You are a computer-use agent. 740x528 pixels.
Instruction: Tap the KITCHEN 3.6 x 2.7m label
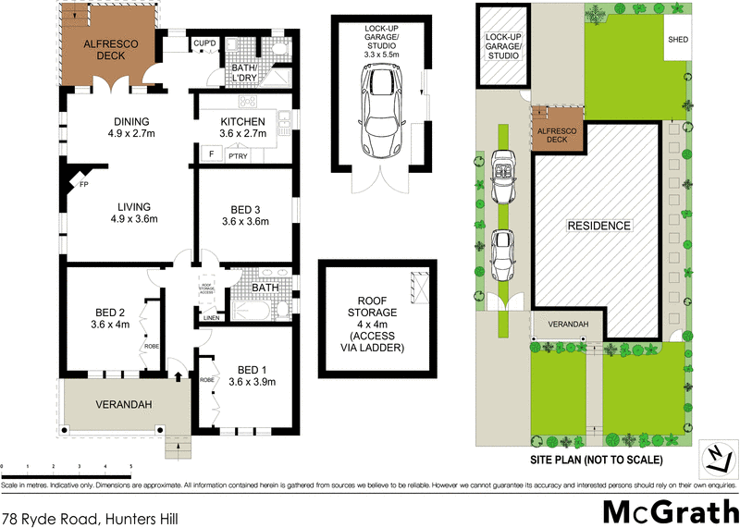pyautogui.click(x=243, y=128)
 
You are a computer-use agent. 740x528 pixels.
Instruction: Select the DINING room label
pyautogui.click(x=130, y=128)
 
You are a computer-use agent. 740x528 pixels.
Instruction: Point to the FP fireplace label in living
pyautogui.click(x=83, y=184)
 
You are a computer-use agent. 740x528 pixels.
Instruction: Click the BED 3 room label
pyautogui.click(x=245, y=215)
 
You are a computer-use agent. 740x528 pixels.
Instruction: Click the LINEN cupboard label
pyautogui.click(x=212, y=319)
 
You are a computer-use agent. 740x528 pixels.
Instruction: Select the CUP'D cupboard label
pyautogui.click(x=204, y=43)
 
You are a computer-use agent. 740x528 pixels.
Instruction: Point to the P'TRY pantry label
pyautogui.click(x=238, y=157)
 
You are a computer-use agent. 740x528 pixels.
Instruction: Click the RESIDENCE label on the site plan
pyautogui.click(x=598, y=226)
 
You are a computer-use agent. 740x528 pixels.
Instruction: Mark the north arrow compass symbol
pyautogui.click(x=717, y=453)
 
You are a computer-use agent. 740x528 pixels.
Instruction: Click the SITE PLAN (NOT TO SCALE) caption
pyautogui.click(x=598, y=460)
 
